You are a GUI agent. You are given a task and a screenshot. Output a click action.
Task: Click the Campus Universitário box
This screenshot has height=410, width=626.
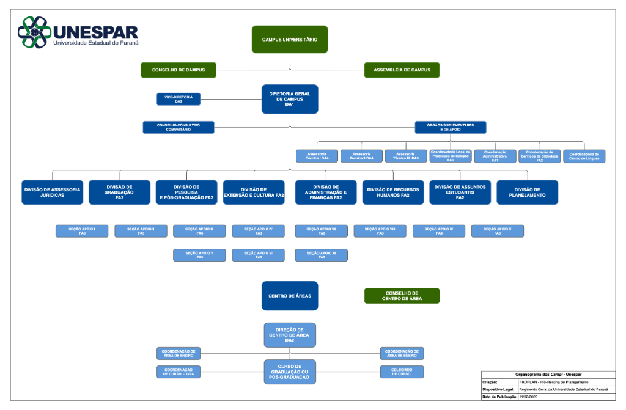(290, 40)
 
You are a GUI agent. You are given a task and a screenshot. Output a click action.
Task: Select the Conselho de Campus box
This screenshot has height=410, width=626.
(179, 70)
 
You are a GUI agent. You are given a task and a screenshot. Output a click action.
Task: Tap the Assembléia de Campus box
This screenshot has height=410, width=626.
(402, 70)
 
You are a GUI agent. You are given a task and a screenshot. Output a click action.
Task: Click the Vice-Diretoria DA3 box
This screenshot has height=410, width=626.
(179, 99)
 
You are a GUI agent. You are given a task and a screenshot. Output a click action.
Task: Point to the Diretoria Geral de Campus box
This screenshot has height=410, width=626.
(290, 99)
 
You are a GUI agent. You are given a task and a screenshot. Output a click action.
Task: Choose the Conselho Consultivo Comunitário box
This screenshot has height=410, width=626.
(179, 127)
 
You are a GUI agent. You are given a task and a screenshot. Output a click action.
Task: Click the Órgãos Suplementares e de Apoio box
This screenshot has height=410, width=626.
(451, 127)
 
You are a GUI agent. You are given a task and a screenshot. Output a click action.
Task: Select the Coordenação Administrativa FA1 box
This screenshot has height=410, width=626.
(495, 156)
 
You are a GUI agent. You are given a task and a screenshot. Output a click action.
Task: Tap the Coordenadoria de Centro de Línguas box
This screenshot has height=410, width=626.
(584, 156)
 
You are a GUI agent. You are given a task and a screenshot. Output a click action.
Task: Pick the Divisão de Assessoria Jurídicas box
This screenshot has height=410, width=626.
(52, 192)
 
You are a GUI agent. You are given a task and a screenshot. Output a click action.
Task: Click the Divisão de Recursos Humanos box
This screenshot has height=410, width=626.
(393, 192)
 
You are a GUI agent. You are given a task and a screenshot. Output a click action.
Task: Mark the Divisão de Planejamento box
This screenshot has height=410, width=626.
(527, 192)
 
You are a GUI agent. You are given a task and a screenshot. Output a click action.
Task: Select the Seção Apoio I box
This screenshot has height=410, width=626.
(82, 231)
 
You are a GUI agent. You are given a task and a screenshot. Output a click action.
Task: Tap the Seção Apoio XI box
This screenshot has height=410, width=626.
(322, 255)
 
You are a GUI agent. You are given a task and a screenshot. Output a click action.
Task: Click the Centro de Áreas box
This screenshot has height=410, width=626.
(290, 296)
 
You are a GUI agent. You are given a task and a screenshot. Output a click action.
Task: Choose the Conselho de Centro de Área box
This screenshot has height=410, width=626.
(402, 296)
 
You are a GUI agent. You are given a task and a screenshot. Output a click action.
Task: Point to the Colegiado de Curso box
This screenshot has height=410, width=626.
(402, 372)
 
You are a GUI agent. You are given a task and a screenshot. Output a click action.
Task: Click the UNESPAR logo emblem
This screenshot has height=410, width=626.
(34, 32)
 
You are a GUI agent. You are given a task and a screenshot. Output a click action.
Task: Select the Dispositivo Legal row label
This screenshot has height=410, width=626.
(499, 389)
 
